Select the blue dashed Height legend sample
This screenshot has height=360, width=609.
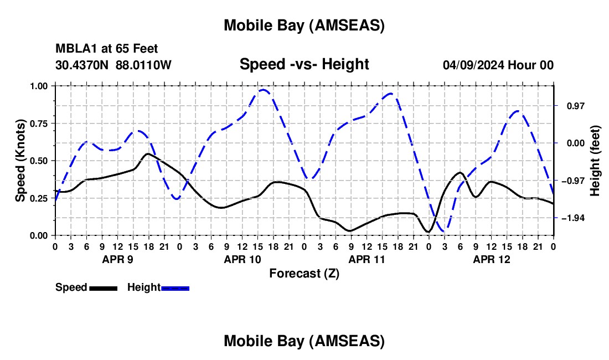coord(175,288)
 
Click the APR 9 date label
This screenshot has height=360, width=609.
coord(117,259)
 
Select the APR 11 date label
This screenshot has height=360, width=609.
coord(366,259)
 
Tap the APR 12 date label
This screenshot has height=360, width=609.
coord(491,259)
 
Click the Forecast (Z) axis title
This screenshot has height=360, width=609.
coord(304,273)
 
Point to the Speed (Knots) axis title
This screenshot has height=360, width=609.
coord(20,161)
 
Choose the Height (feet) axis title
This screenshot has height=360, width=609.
coord(595,161)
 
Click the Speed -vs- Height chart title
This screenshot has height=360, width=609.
coord(304,64)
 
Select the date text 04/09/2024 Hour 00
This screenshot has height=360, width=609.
coord(498,65)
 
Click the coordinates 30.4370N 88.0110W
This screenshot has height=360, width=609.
coord(113,65)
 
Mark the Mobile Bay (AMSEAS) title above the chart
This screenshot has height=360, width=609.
coord(304,25)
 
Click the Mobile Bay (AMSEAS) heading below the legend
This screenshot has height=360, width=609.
coord(304,341)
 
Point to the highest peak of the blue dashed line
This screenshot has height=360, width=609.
coord(264,89)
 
